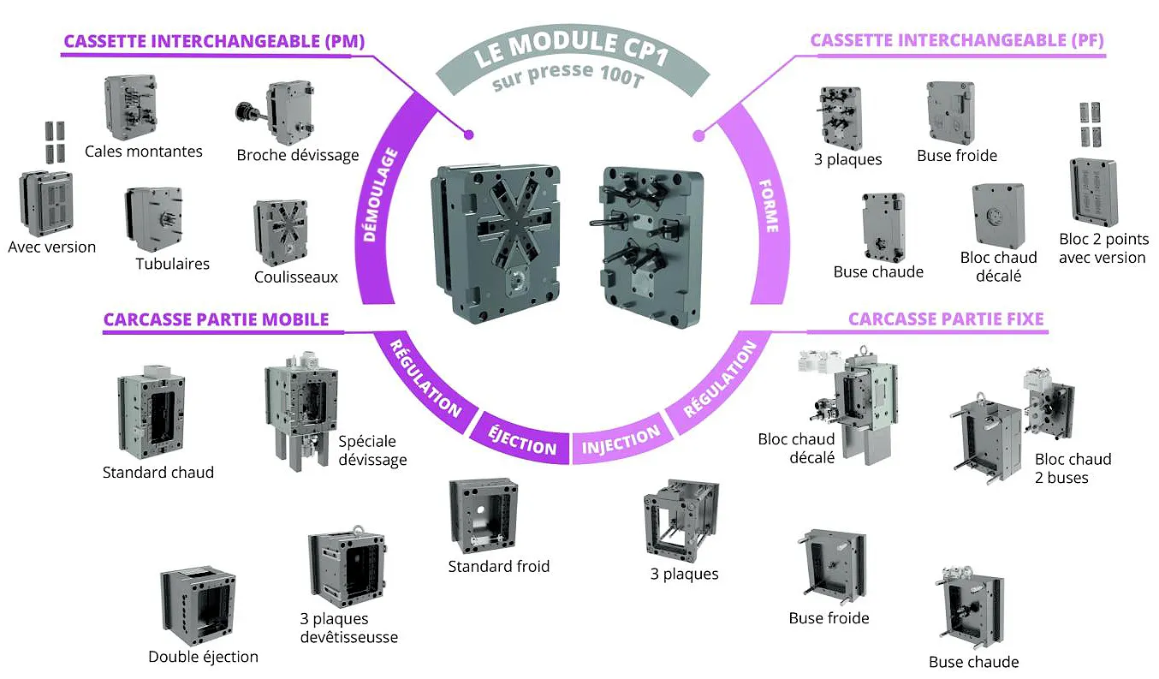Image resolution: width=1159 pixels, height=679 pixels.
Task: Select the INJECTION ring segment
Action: pyautogui.click(x=621, y=440)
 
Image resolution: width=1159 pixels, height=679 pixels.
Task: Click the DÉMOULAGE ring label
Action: pyautogui.click(x=382, y=195)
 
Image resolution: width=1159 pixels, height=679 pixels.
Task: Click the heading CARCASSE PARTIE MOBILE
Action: pyautogui.click(x=216, y=319)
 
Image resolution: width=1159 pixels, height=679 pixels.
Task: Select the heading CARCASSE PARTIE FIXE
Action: pyautogui.click(x=945, y=319)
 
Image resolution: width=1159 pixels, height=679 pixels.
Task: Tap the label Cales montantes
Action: pyautogui.click(x=143, y=152)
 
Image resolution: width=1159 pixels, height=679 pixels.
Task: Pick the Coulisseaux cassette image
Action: pyautogui.click(x=280, y=231)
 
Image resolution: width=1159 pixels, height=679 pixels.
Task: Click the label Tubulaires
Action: pyautogui.click(x=172, y=264)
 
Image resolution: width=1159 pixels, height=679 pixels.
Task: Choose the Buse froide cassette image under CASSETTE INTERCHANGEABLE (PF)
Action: pyautogui.click(x=950, y=114)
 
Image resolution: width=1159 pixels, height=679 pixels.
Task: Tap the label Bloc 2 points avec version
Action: pyautogui.click(x=1102, y=248)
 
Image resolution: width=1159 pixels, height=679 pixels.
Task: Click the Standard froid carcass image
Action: pyautogui.click(x=484, y=515)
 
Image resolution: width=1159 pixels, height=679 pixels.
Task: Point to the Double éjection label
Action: pyautogui.click(x=203, y=657)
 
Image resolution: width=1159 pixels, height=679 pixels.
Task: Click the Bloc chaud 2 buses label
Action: pyautogui.click(x=1073, y=468)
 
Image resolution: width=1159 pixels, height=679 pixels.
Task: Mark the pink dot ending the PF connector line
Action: pyautogui.click(x=698, y=134)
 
